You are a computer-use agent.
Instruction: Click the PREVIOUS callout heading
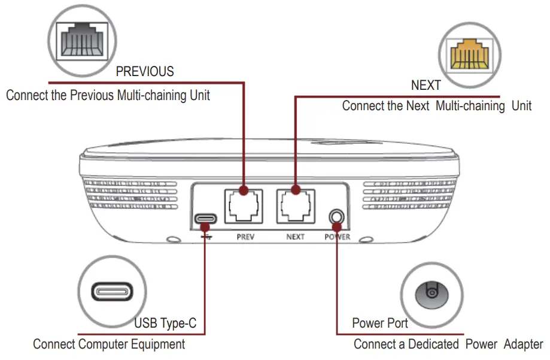click(145, 71)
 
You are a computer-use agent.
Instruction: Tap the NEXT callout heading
click(426, 86)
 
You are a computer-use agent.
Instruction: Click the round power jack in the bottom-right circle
click(430, 293)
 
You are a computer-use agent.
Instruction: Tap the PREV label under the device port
click(245, 237)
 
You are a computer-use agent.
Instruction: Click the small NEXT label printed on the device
click(295, 237)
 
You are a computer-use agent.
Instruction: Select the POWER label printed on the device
click(337, 237)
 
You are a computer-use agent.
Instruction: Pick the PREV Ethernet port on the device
click(244, 206)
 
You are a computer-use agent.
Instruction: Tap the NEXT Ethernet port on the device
click(296, 206)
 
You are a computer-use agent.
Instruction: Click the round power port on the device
click(338, 216)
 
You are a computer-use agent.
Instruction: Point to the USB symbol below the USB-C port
click(206, 236)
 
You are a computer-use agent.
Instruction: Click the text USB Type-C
click(165, 324)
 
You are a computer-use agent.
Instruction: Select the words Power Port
click(380, 323)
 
